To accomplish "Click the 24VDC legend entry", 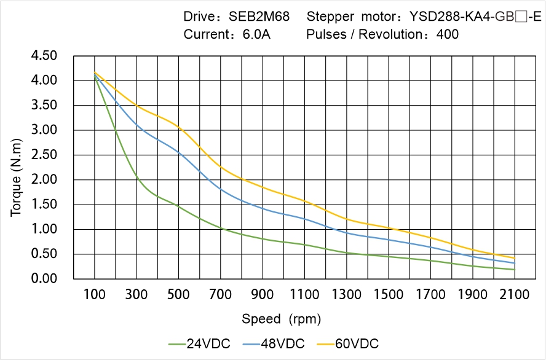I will pyautogui.click(x=199, y=343).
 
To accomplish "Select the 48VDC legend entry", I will pyautogui.click(x=273, y=343).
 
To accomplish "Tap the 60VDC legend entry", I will pyautogui.click(x=347, y=343).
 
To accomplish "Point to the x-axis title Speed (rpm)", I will pyautogui.click(x=282, y=319).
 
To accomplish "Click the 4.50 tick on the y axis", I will pyautogui.click(x=44, y=56).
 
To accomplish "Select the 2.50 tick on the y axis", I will pyautogui.click(x=44, y=155).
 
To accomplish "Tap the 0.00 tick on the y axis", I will pyautogui.click(x=44, y=279).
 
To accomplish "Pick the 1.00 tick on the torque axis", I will pyautogui.click(x=44, y=229).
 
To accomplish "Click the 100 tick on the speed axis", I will pyautogui.click(x=95, y=295).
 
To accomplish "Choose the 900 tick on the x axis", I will pyautogui.click(x=263, y=295).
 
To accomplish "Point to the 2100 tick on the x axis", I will pyautogui.click(x=515, y=295).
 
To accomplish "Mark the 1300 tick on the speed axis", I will pyautogui.click(x=347, y=295).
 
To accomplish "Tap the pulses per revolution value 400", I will pyautogui.click(x=447, y=34).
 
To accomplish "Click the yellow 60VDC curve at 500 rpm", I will pyautogui.click(x=179, y=127).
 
